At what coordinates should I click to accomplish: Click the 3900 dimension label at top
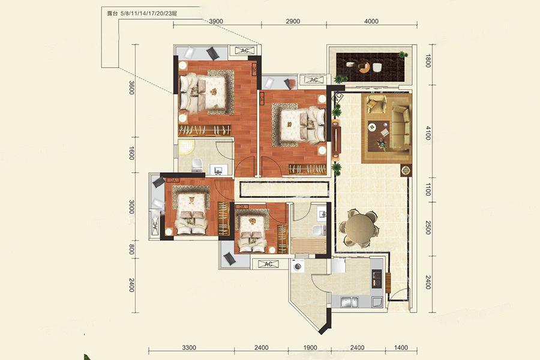(216, 21)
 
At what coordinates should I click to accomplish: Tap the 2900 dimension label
(293, 21)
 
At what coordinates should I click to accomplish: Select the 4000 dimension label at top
(371, 21)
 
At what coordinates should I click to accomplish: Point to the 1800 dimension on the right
(428, 61)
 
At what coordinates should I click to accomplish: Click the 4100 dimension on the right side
(428, 133)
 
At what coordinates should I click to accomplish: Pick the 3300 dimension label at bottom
(189, 347)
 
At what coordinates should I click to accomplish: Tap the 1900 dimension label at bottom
(310, 347)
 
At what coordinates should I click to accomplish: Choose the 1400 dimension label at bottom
(401, 347)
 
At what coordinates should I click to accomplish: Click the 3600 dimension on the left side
(131, 88)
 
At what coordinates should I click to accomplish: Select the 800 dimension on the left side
(131, 249)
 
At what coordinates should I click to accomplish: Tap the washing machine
(298, 266)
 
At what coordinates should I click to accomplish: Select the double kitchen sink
(349, 302)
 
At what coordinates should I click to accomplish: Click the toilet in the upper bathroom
(197, 165)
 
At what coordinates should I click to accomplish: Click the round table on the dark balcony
(364, 67)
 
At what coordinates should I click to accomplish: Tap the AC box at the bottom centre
(269, 264)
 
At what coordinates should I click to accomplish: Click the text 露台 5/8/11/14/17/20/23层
(142, 14)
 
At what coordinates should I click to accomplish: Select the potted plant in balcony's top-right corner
(401, 55)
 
